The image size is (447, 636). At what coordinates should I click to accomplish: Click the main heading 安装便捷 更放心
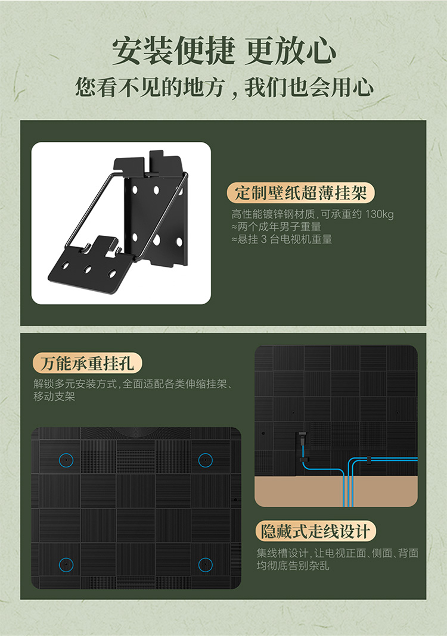click(x=223, y=51)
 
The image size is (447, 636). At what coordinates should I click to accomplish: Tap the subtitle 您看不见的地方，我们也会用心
click(x=224, y=87)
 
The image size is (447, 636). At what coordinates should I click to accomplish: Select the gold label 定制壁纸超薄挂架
click(x=300, y=193)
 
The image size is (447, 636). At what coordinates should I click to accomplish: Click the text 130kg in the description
click(x=379, y=214)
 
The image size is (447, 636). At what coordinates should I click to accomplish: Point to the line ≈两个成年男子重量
click(x=276, y=227)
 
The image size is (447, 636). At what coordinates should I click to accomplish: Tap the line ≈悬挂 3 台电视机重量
click(x=282, y=239)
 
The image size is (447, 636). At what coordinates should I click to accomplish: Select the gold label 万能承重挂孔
click(x=87, y=363)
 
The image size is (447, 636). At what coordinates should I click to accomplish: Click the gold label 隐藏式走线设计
click(x=315, y=531)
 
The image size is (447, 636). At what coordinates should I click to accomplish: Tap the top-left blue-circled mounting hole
click(x=66, y=460)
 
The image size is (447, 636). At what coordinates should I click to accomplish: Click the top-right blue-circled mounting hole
click(x=206, y=460)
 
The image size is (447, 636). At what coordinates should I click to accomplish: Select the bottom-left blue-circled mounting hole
click(x=66, y=565)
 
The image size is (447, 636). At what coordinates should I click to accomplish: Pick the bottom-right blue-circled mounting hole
click(x=206, y=565)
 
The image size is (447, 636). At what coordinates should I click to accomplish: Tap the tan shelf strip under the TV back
click(x=336, y=491)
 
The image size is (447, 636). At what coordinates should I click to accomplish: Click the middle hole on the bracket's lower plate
click(x=87, y=269)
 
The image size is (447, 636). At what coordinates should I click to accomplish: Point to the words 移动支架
click(x=54, y=397)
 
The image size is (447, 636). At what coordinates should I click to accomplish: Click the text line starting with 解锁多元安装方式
click(x=133, y=384)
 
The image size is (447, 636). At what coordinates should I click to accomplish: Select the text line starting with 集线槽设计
click(x=337, y=553)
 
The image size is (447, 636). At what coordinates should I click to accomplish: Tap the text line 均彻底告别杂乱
click(x=293, y=565)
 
